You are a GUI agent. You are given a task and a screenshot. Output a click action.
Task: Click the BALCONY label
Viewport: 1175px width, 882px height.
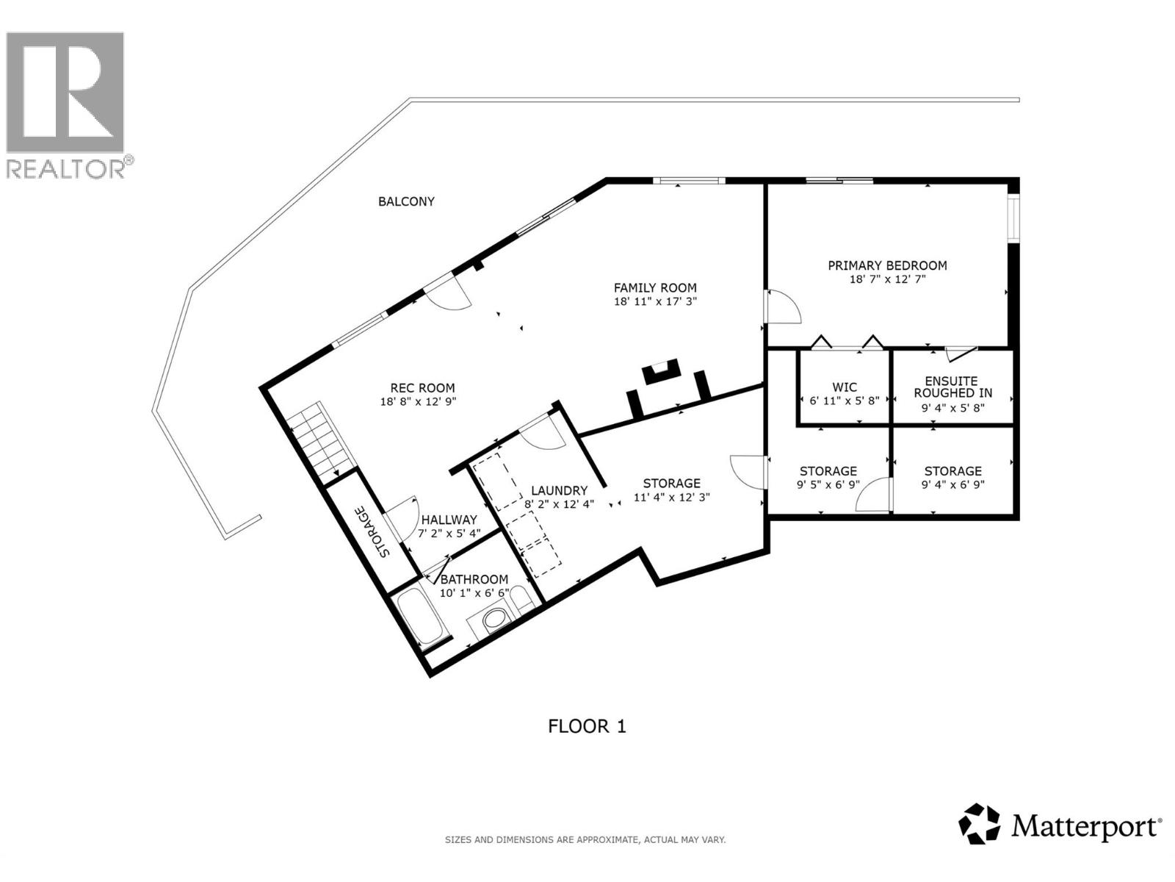tap(406, 201)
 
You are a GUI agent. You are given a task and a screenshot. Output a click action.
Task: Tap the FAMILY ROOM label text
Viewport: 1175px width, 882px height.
tap(655, 288)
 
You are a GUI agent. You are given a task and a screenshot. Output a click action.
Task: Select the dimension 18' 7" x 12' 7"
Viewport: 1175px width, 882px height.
tap(887, 279)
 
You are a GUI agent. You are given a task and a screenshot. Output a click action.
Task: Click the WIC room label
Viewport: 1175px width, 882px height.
tap(845, 387)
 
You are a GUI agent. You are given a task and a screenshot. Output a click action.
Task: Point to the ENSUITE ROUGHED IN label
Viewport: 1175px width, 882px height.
tap(952, 387)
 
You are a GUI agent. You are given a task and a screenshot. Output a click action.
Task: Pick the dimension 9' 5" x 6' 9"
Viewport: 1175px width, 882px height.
tap(828, 485)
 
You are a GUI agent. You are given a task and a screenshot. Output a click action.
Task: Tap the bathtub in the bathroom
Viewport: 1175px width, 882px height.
tap(420, 617)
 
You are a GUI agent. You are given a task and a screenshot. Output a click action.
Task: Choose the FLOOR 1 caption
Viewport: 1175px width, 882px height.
tap(587, 727)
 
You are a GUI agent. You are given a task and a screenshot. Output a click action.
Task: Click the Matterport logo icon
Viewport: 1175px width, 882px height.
tap(980, 825)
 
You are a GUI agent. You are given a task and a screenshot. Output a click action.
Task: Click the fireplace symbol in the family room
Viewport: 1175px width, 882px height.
tap(661, 372)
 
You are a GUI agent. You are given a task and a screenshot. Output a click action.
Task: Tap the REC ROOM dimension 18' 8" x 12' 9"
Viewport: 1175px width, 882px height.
tap(422, 401)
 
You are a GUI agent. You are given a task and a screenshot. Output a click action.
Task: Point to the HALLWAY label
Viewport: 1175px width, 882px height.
tap(448, 520)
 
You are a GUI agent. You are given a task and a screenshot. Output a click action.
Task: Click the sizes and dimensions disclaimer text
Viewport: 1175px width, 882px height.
tap(585, 839)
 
